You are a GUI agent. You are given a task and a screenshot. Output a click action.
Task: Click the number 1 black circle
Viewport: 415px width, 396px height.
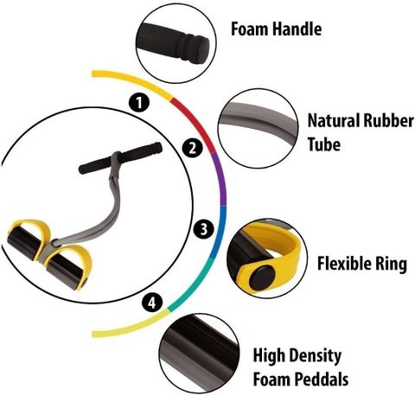tap(139, 103)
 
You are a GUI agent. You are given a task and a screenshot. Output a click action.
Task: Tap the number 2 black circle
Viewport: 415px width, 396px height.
tap(193, 149)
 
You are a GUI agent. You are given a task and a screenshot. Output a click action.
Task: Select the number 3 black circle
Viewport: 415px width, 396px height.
tap(204, 229)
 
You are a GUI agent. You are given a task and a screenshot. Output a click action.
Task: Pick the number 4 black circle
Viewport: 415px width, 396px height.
tap(152, 303)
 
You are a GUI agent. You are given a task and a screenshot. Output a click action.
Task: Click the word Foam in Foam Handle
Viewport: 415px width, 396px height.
tap(250, 29)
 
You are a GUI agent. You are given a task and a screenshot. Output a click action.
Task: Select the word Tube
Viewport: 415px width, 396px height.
tap(324, 144)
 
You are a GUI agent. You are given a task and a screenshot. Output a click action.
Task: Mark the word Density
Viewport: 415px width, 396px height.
tap(316, 356)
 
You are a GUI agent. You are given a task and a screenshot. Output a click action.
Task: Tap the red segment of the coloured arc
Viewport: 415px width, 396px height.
tap(196, 123)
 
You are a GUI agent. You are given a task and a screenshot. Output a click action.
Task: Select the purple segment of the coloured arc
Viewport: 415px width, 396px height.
tap(221, 179)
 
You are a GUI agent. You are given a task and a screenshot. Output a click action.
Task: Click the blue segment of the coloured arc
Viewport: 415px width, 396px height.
tap(220, 232)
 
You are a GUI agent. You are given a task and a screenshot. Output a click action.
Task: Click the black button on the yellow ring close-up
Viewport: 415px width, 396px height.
tap(262, 278)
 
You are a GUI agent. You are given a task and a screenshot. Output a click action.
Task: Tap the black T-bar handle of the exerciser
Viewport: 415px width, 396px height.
tap(120, 158)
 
